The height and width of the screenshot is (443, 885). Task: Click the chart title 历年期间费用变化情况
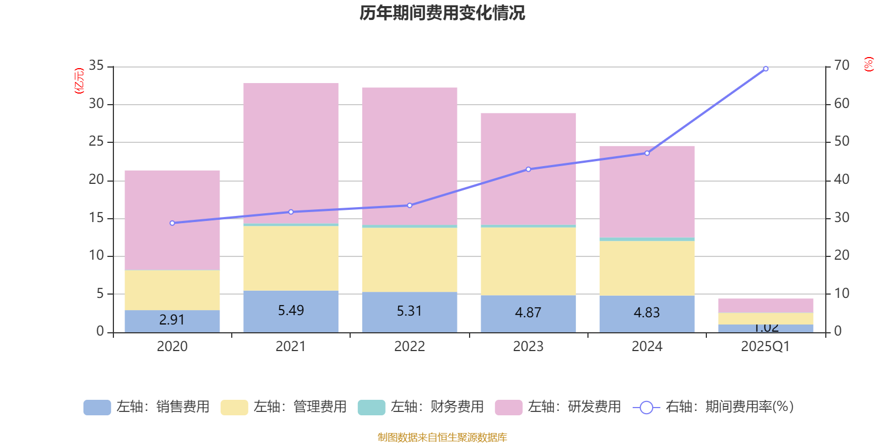(x=442, y=13)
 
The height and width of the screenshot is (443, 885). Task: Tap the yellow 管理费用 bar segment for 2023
(x=528, y=261)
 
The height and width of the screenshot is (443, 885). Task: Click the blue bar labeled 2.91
(x=172, y=321)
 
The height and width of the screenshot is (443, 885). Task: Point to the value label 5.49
(x=291, y=311)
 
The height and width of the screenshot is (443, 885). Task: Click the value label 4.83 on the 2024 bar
(x=647, y=313)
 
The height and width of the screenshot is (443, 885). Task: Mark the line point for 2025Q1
(x=766, y=69)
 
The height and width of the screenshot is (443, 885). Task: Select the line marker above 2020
(x=172, y=223)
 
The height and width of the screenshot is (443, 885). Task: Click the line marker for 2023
(x=528, y=169)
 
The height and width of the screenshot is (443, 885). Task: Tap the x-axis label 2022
(x=409, y=347)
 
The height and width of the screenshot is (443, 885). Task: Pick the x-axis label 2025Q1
(x=765, y=347)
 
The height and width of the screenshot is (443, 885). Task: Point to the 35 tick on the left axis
(x=96, y=66)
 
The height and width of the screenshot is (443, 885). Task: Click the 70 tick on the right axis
(x=841, y=66)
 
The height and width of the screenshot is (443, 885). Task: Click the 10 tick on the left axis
(x=96, y=256)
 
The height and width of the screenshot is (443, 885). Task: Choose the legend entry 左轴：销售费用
(x=147, y=407)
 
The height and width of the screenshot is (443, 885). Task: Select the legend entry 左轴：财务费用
(x=420, y=407)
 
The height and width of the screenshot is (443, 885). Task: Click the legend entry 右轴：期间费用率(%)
(x=714, y=407)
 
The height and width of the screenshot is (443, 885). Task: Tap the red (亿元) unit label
(x=79, y=81)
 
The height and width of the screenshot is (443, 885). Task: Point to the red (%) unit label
(x=868, y=64)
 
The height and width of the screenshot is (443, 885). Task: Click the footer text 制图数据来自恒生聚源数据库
(x=442, y=437)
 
